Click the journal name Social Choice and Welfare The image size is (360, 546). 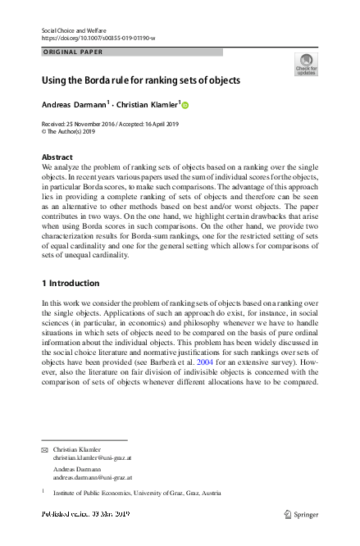pyautogui.click(x=72, y=30)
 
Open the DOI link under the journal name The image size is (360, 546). pyautogui.click(x=98, y=39)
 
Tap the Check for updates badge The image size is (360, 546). pyautogui.click(x=305, y=64)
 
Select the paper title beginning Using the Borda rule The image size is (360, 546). pyautogui.click(x=141, y=80)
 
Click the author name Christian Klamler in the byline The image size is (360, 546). pyautogui.click(x=145, y=105)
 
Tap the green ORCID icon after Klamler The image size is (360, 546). pyautogui.click(x=185, y=105)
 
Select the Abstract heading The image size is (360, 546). pyautogui.click(x=57, y=157)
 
